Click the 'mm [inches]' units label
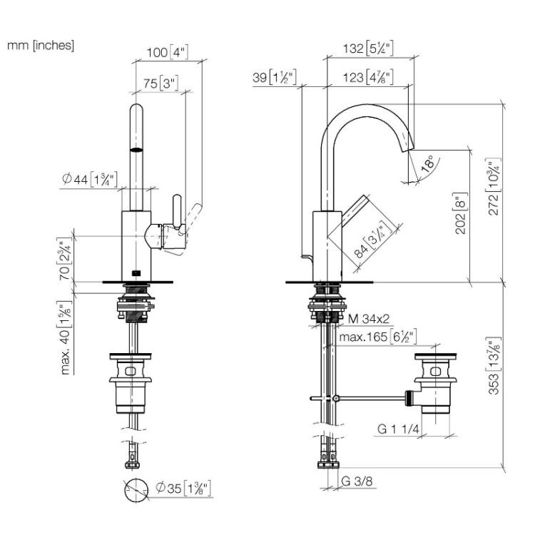tap(41, 45)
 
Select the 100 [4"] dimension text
tap(167, 52)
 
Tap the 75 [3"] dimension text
tap(160, 83)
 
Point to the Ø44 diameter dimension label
tap(90, 179)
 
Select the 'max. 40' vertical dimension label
tap(65, 338)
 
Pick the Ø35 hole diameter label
tap(183, 488)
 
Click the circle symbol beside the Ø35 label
tap(136, 490)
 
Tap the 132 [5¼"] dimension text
tap(368, 48)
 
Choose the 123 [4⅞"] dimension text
tap(368, 78)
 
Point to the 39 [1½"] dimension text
tap(275, 78)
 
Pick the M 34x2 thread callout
tap(369, 319)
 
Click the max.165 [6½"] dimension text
tap(377, 337)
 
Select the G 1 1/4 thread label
tap(398, 429)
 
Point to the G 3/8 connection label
tap(357, 481)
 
